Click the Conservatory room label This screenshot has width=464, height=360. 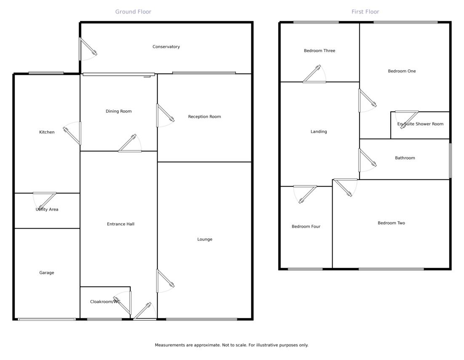click(166, 47)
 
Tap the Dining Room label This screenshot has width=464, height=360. click(118, 112)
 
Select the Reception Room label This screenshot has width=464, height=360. click(204, 117)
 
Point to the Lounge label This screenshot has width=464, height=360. click(205, 240)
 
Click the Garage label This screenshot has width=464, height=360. click(47, 273)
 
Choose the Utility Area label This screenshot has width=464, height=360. click(47, 209)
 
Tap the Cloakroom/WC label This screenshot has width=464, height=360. click(105, 302)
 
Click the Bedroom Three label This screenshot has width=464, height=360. click(319, 51)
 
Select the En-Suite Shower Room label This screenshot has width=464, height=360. click(420, 124)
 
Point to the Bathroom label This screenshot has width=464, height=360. click(405, 158)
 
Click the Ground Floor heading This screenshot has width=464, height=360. click(133, 12)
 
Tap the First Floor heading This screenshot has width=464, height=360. click(365, 12)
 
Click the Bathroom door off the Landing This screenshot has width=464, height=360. click(366, 160)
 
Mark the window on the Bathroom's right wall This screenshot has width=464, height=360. click(450, 160)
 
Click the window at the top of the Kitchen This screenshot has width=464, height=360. click(46, 73)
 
